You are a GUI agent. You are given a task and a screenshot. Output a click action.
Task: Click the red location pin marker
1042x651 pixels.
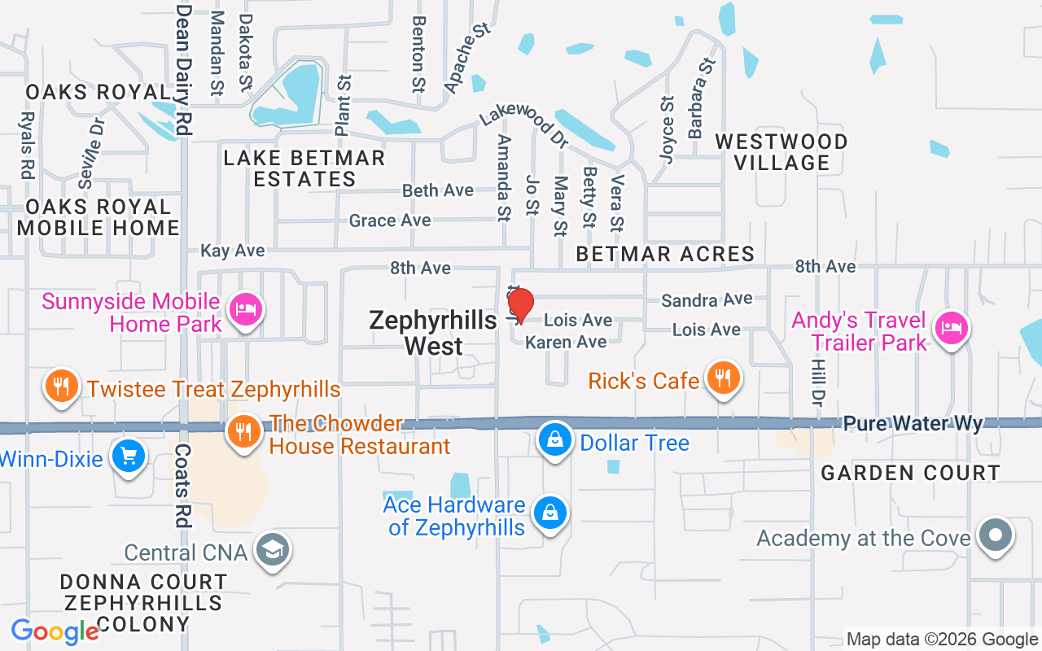[x=520, y=306]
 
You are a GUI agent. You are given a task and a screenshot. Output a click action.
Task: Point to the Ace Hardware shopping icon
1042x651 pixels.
[x=550, y=513]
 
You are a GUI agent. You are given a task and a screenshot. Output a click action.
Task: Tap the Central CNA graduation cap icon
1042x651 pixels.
[x=273, y=551]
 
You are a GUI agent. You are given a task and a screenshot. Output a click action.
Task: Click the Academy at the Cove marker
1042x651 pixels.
[x=995, y=536]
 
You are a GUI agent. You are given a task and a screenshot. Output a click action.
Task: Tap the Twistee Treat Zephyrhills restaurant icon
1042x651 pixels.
[x=60, y=385]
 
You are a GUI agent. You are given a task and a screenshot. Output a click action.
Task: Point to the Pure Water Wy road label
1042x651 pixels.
[x=913, y=424]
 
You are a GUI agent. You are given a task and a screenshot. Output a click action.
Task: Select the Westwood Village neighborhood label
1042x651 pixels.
[x=781, y=152]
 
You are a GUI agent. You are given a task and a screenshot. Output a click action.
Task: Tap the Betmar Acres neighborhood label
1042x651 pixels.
[x=665, y=255]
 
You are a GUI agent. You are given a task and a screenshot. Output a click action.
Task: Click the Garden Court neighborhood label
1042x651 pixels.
[x=910, y=473]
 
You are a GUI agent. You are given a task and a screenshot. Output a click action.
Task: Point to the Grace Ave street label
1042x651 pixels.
[x=390, y=221]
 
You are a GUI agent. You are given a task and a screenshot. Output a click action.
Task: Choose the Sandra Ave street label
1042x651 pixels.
[x=706, y=300]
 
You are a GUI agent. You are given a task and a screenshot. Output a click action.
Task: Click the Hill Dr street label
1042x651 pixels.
[x=818, y=382]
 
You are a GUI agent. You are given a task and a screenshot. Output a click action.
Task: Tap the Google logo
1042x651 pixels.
[x=55, y=631]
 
